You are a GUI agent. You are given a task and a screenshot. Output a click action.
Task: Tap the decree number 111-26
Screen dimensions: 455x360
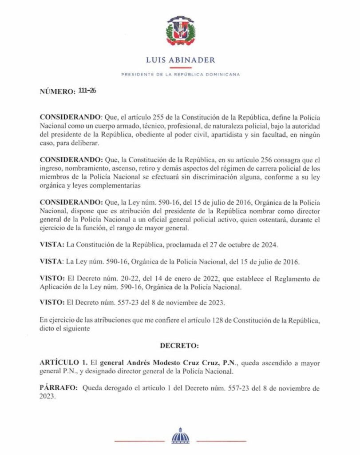point(87,91)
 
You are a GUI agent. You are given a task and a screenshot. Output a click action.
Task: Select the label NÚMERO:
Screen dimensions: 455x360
point(57,92)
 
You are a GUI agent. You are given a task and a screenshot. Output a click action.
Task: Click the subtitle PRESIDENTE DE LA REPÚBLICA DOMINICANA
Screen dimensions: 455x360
point(180,75)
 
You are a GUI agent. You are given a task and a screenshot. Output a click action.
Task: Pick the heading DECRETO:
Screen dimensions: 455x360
point(180,345)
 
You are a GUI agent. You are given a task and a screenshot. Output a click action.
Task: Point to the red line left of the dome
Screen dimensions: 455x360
point(139,441)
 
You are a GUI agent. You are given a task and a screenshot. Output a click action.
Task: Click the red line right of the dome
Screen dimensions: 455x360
point(221,441)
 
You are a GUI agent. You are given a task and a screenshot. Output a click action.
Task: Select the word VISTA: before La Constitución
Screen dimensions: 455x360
point(51,245)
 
